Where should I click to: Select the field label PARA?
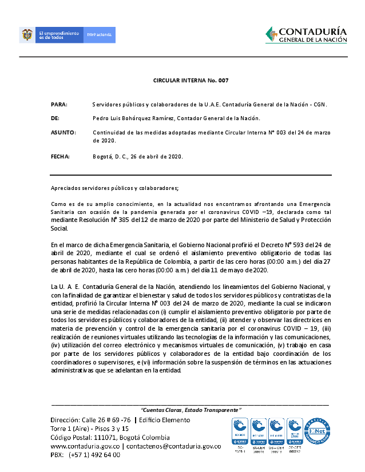point(59,105)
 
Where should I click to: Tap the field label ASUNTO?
point(64,132)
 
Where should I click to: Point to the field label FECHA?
point(61,156)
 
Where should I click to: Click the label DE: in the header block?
point(55,118)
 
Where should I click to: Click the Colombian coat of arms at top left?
point(25,35)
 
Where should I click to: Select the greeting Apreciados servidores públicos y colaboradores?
point(114,188)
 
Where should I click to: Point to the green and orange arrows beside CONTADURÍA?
point(271,34)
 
